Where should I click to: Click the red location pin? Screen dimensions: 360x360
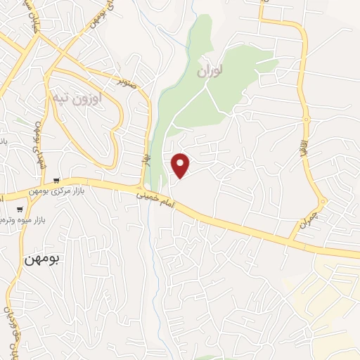click(181, 165)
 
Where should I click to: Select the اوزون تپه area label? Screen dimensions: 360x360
click(78, 98)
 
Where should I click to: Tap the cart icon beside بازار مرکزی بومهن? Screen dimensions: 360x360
click(57, 181)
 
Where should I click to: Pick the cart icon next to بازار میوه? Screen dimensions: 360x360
click(20, 208)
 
